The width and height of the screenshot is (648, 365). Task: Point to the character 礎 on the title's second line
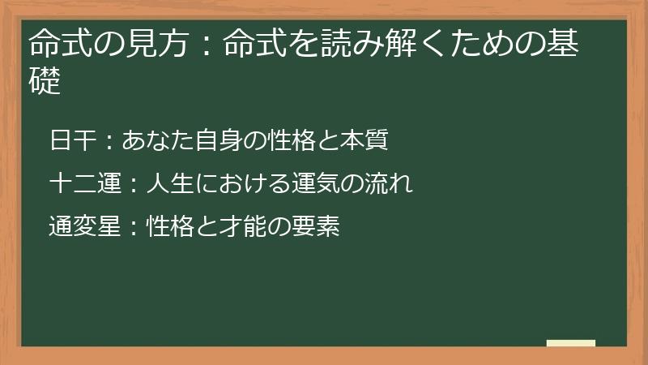45,82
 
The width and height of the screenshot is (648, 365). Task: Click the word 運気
316,184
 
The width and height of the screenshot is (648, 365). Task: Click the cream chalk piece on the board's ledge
571,343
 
